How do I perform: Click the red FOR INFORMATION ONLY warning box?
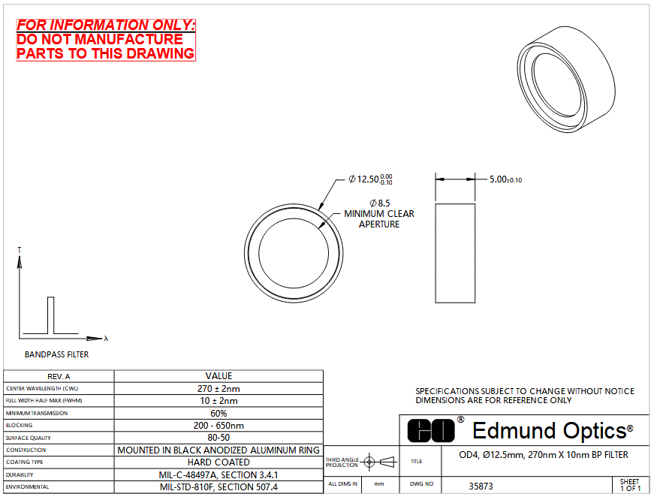point(106,40)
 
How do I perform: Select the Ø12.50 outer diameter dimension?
point(370,179)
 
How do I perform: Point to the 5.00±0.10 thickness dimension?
point(505,179)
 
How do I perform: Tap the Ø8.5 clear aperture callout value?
point(379,203)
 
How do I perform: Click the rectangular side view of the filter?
point(455,253)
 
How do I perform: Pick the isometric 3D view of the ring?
point(566,80)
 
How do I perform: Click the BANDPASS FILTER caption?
point(57,354)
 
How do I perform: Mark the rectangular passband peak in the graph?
point(51,315)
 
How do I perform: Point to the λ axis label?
point(106,339)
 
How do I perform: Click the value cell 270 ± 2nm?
point(219,389)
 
